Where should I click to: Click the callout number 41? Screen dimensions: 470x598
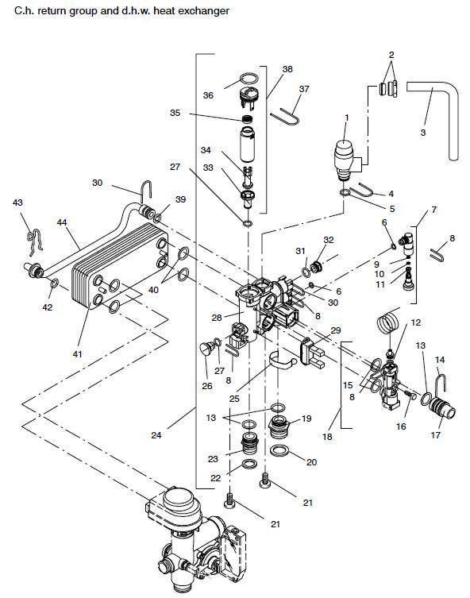point(77,354)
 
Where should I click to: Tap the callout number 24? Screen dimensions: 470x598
point(156,435)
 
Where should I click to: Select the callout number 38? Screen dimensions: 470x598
point(287,69)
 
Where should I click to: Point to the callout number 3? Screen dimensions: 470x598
point(422,133)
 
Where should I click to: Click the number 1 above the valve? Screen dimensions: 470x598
point(346,118)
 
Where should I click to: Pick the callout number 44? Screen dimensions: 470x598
point(62,222)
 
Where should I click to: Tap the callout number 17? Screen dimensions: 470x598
point(435,434)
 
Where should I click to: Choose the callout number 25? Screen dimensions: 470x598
point(234,399)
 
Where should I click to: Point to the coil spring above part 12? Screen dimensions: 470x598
point(388,322)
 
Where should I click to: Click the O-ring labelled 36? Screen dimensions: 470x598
point(249,78)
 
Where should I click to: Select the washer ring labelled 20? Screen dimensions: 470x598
point(279,450)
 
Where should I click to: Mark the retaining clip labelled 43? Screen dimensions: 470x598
point(34,242)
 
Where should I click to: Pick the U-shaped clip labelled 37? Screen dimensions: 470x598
point(286,117)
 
